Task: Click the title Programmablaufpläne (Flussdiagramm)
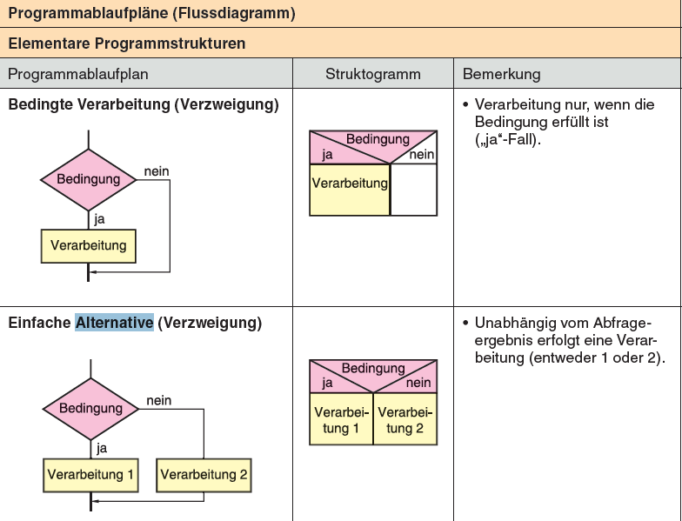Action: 151,13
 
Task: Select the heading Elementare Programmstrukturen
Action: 127,43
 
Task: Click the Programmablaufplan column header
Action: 78,74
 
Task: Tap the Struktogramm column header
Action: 372,74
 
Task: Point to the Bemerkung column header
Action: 502,74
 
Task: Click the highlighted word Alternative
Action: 115,323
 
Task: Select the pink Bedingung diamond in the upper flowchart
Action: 88,180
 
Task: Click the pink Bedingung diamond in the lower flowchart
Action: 90,409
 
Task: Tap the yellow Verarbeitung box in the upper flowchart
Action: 88,245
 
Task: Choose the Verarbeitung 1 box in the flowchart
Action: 90,475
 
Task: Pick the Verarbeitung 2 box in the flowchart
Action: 204,475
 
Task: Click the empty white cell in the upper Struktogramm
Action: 413,190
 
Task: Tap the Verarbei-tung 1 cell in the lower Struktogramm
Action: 342,420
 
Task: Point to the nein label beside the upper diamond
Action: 157,171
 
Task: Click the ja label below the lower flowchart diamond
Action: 102,449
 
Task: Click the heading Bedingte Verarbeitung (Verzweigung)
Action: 144,105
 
